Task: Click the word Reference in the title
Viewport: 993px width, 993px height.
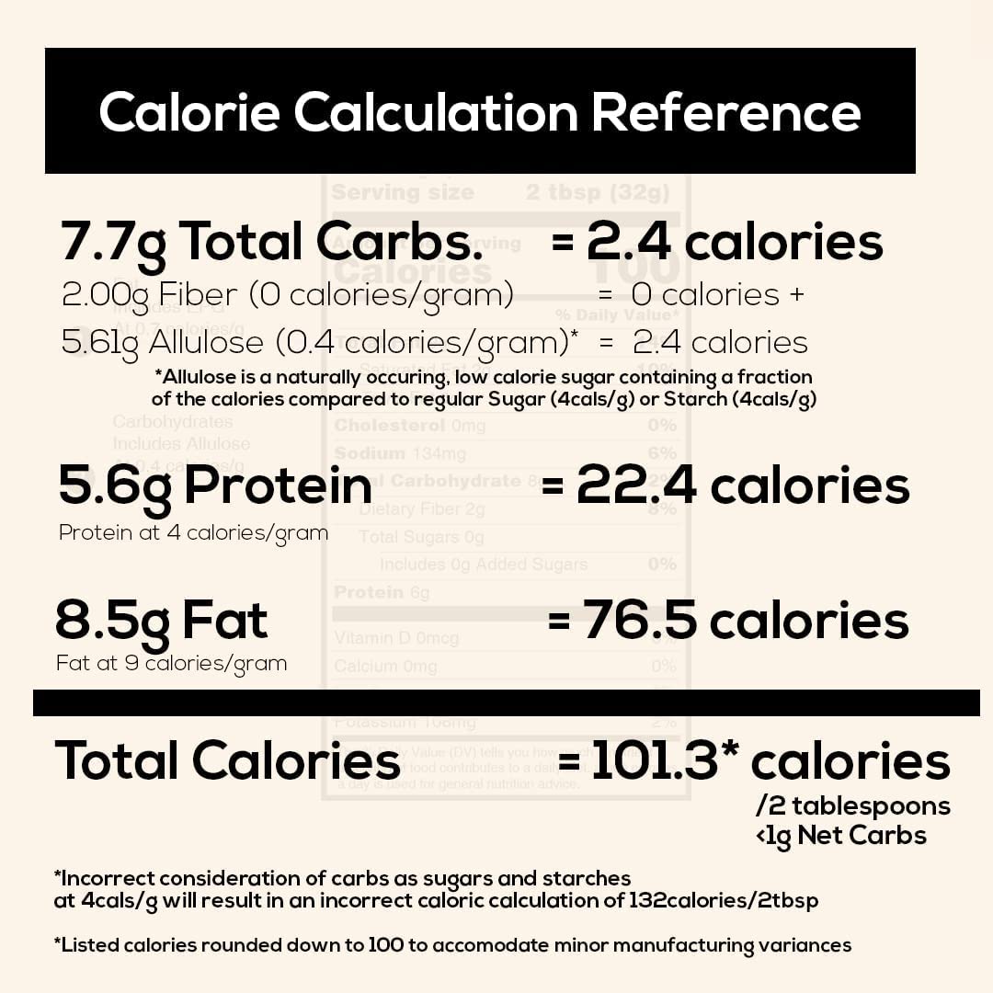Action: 725,112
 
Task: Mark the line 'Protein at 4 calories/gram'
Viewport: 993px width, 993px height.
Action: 193,533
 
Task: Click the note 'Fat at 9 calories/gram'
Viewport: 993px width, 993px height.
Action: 171,663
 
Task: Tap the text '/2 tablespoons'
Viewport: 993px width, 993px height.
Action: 852,806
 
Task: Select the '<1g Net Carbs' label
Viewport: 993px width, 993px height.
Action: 840,835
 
